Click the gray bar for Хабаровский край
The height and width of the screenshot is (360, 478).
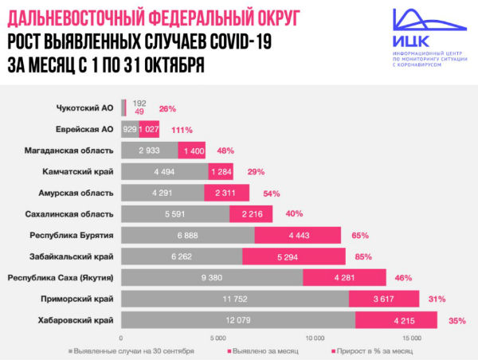pos(237,320)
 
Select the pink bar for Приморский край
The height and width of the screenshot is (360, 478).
pos(383,299)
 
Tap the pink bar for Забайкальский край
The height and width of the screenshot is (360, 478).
pos(293,256)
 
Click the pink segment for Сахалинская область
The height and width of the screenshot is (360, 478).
pos(251,213)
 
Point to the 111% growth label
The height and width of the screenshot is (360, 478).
pos(182,129)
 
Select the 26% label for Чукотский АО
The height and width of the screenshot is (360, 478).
pos(167,108)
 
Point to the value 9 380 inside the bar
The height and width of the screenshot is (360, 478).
pos(211,277)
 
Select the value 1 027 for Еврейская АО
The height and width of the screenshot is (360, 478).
pos(150,129)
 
